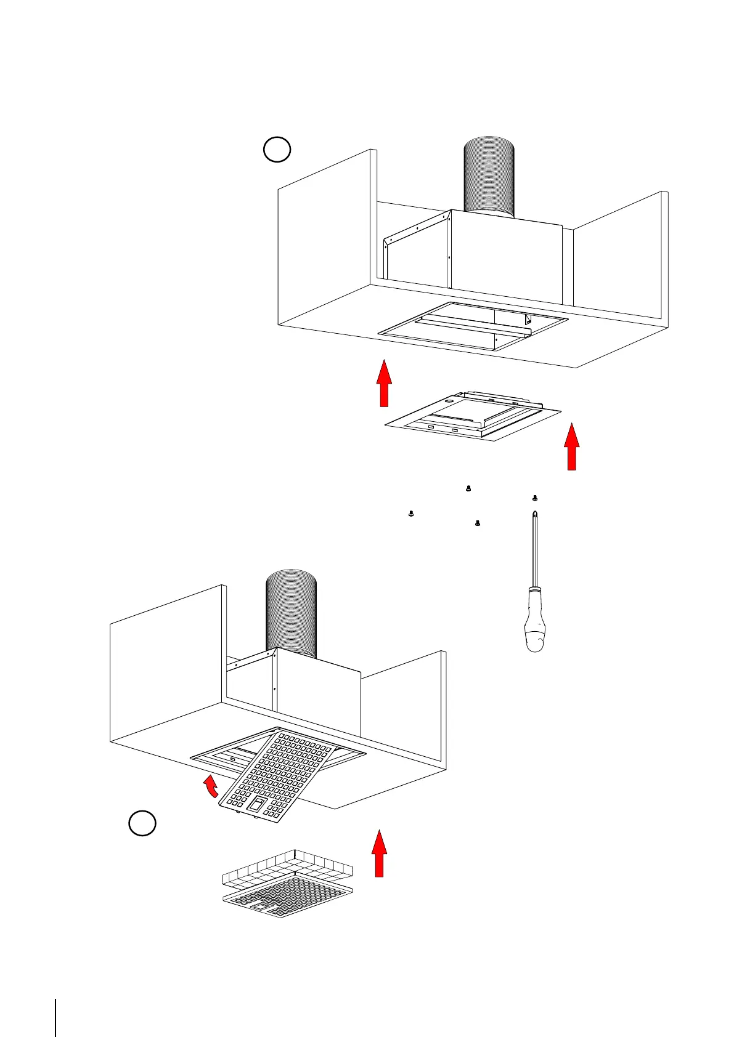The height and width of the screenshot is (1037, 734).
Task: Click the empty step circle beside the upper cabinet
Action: coord(277,150)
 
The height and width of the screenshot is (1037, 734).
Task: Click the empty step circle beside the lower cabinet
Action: coord(142,823)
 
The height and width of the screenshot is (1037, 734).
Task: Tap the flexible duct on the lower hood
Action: coord(291,613)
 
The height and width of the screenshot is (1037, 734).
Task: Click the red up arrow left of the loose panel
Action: coord(384,383)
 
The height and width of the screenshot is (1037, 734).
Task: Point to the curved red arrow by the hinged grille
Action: coord(211,786)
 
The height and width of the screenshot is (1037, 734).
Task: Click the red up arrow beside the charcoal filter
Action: coord(380,853)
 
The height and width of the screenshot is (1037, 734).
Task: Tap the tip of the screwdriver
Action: coord(534,514)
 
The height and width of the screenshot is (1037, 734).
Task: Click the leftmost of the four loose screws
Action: coord(410,513)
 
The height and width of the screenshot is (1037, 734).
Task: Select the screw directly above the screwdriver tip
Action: coord(534,498)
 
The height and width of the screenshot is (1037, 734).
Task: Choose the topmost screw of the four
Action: coord(468,488)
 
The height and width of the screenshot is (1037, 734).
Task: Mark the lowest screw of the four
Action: coord(478,523)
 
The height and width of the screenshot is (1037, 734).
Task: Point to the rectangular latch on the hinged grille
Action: coord(257,803)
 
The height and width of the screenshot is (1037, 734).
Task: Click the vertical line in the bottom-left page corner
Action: coord(56,1000)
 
